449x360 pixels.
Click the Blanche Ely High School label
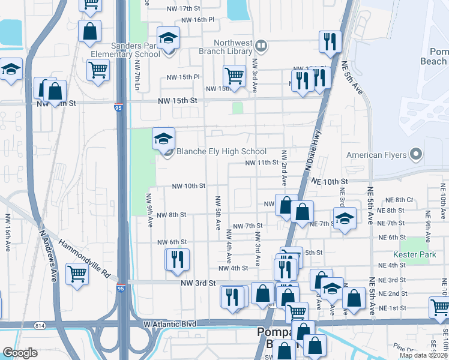tap(221, 151)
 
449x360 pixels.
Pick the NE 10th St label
tap(330, 181)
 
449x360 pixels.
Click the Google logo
tap(20, 352)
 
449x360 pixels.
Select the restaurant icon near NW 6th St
tap(178, 260)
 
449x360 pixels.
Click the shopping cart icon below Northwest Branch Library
tap(234, 76)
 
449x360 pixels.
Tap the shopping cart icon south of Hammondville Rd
tap(78, 275)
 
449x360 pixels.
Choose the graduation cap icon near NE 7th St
tap(345, 218)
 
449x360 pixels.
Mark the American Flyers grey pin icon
tap(415, 155)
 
